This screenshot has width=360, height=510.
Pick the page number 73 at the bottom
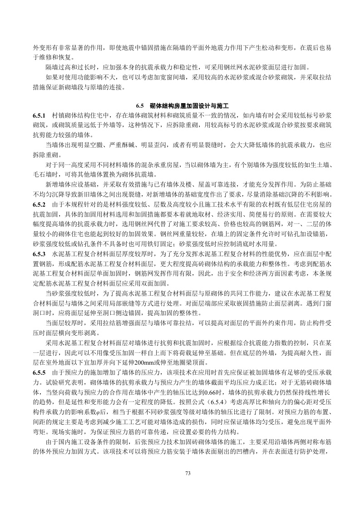[x=180, y=474]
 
